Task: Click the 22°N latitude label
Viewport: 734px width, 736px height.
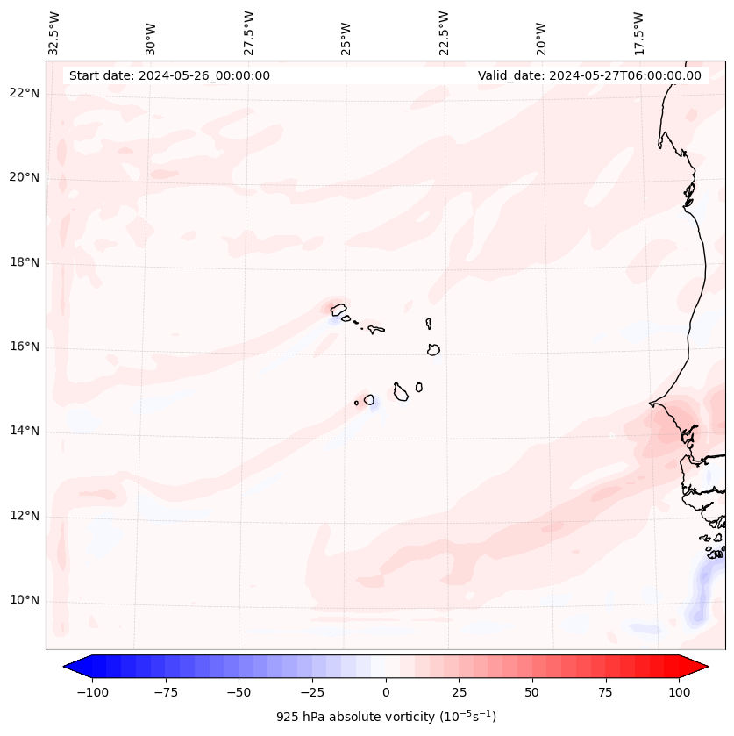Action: (24, 93)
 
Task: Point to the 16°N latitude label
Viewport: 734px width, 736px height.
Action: (24, 347)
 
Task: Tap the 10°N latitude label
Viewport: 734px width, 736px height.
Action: (24, 601)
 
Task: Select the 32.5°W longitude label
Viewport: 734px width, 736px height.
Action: (54, 32)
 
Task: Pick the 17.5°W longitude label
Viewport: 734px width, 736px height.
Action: (638, 32)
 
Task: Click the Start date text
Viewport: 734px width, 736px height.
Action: (169, 75)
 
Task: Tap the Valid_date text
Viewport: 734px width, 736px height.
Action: (589, 75)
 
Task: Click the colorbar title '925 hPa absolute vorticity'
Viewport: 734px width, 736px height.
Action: (386, 717)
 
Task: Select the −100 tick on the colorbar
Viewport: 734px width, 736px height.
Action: (92, 692)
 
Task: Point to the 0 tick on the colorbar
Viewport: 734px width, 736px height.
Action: (386, 692)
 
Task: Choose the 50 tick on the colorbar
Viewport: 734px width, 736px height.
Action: (532, 692)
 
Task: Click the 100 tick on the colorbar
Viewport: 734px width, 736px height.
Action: (679, 692)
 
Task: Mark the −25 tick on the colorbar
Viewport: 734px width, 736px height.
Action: (312, 692)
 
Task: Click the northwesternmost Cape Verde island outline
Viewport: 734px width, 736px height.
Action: (338, 309)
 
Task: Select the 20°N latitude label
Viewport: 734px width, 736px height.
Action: (24, 177)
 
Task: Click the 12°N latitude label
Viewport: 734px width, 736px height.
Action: (24, 516)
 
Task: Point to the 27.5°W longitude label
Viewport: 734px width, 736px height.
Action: (249, 32)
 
